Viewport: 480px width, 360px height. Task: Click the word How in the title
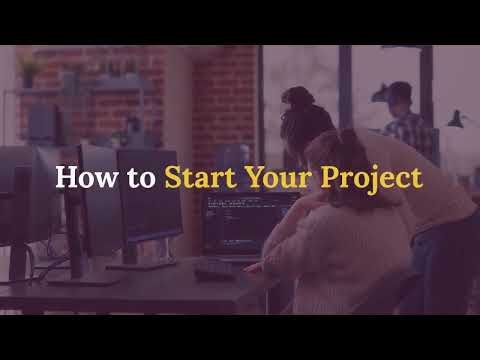point(79,178)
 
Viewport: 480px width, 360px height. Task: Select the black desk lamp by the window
point(456,120)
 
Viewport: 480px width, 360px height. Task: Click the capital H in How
point(65,178)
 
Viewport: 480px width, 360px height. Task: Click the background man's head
point(399,97)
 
